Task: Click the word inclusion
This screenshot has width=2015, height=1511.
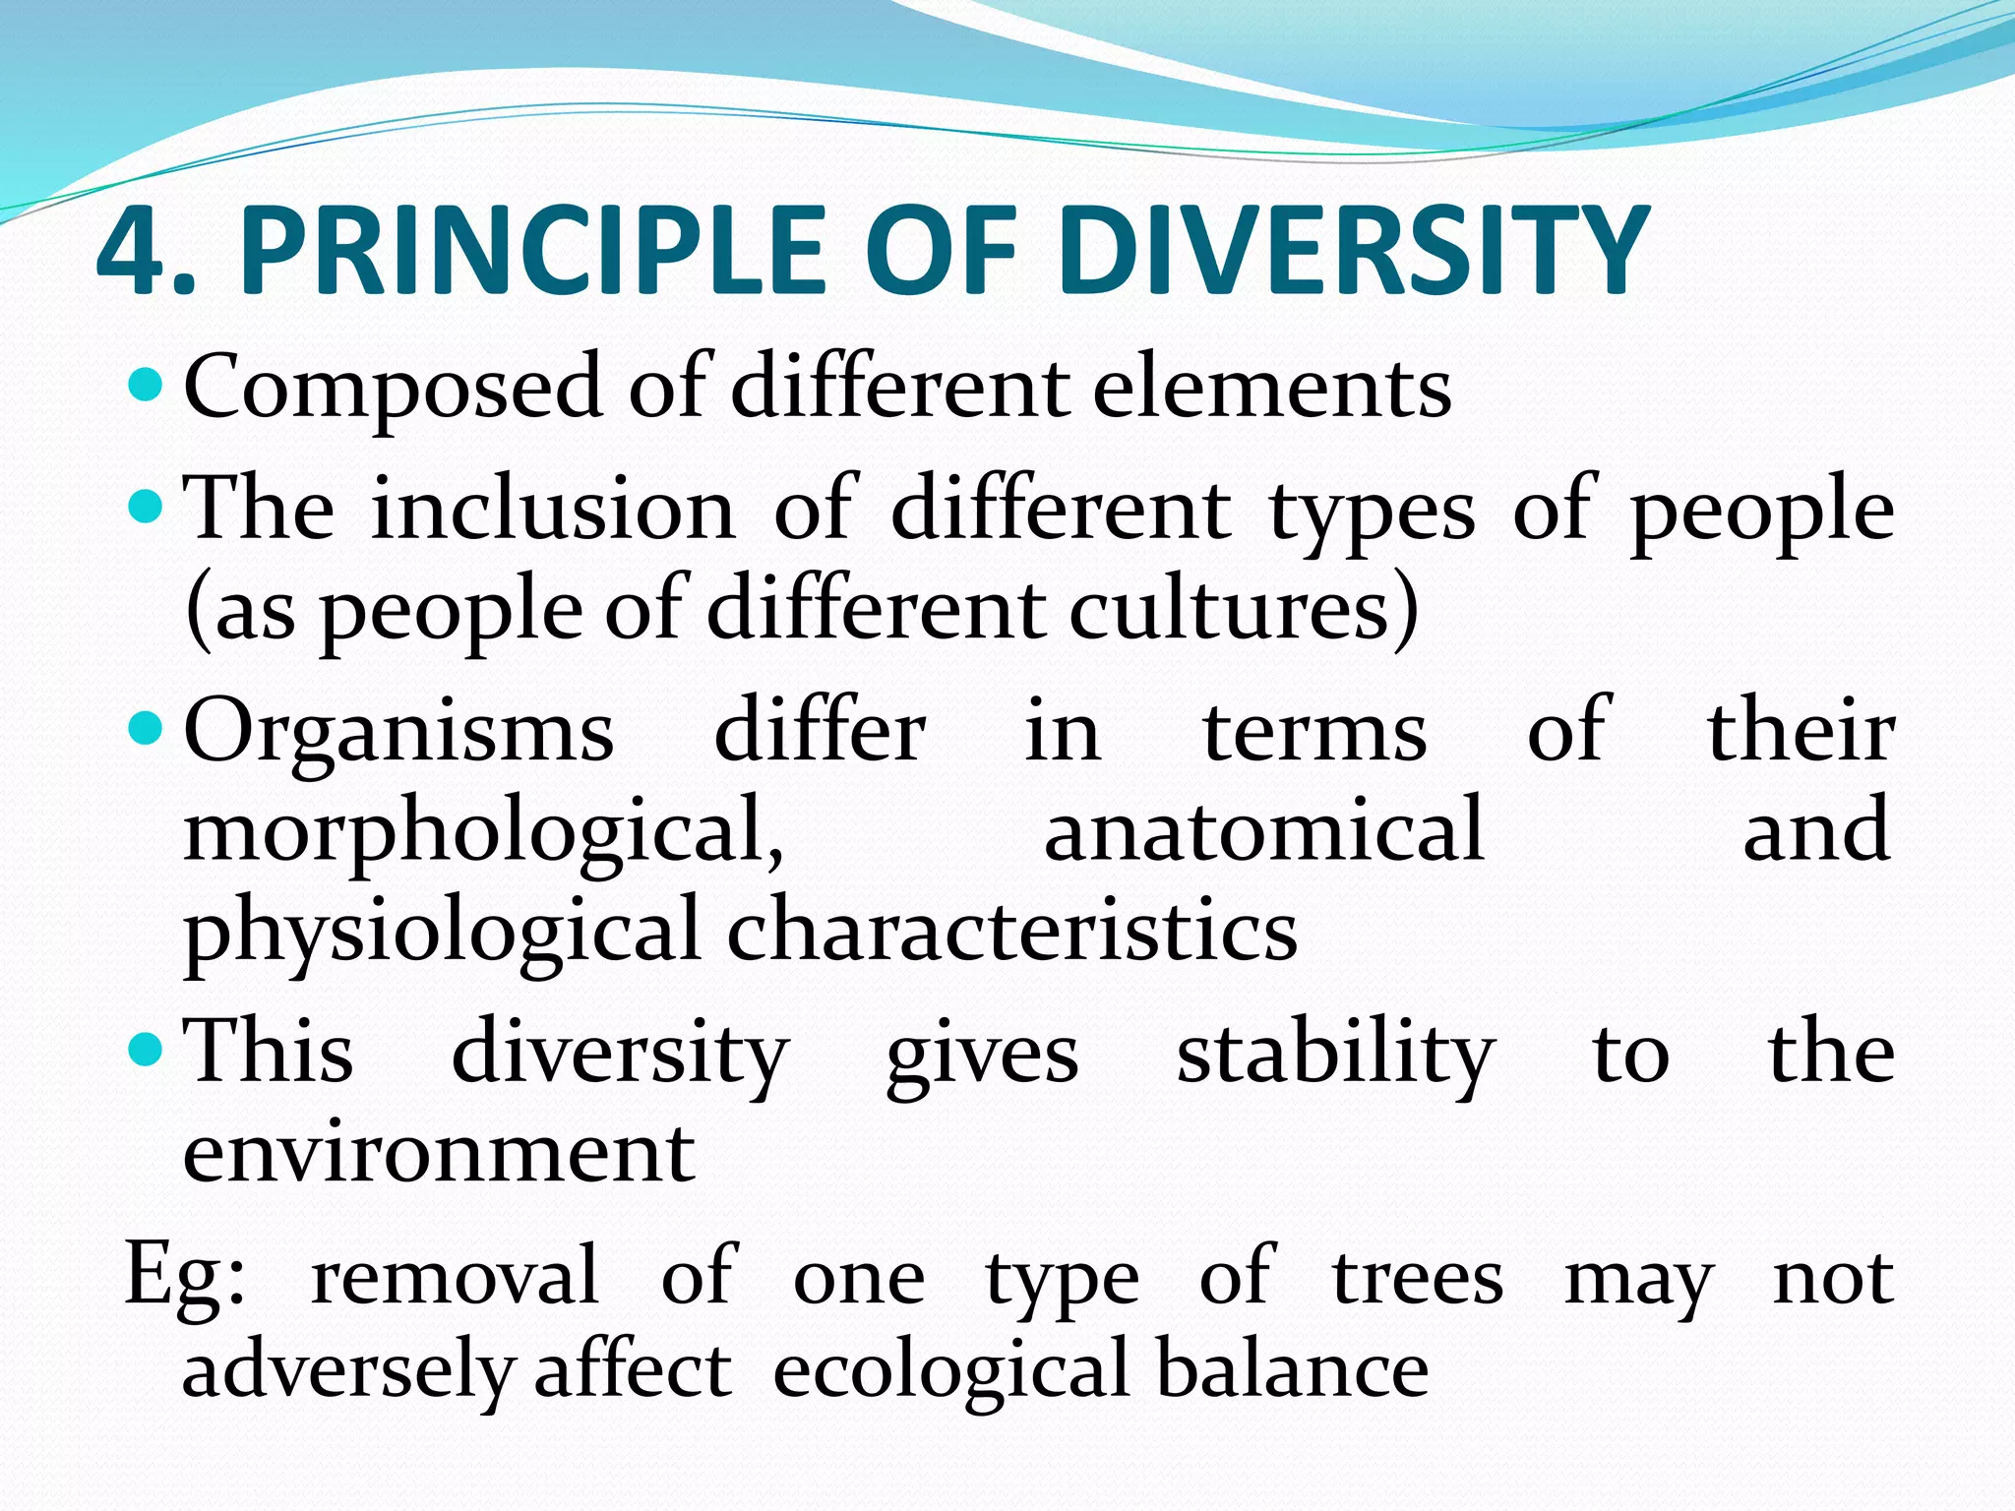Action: pyautogui.click(x=552, y=510)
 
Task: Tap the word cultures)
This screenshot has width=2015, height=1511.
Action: pyautogui.click(x=1245, y=610)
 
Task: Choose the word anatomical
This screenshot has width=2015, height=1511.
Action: pyautogui.click(x=1263, y=830)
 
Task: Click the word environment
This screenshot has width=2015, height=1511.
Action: pyautogui.click(x=439, y=1152)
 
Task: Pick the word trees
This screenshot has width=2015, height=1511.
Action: pyautogui.click(x=1418, y=1278)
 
